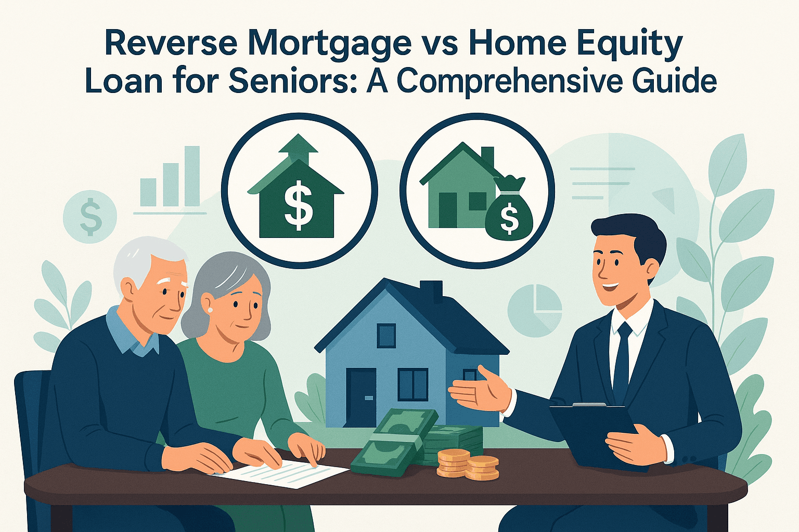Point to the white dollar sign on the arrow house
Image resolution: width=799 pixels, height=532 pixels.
click(298, 208)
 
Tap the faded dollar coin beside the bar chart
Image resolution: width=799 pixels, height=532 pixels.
click(90, 217)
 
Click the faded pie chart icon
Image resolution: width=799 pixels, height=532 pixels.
click(535, 310)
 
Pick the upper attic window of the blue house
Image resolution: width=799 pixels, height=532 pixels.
click(385, 335)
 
